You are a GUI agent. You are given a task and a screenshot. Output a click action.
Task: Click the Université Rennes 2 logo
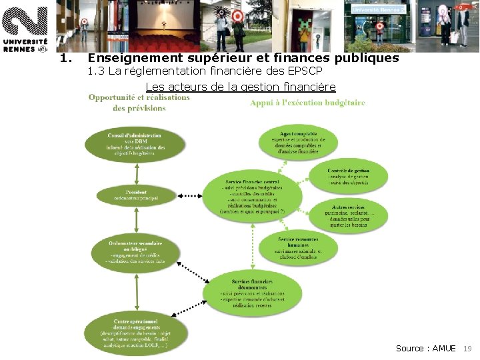coord(25,27)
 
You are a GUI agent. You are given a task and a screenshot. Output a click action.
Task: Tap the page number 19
coord(467,349)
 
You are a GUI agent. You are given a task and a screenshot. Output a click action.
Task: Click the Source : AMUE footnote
coord(425,349)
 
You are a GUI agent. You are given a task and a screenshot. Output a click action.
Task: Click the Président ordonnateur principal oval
coord(136,195)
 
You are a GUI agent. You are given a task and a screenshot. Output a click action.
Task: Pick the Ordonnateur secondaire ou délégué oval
coord(136,252)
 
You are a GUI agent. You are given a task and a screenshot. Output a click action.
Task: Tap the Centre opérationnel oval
coord(135,333)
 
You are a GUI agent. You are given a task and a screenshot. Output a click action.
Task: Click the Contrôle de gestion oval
coord(348,176)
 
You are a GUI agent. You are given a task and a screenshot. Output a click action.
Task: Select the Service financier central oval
coord(253,196)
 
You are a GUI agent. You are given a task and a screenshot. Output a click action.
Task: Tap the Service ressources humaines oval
coord(298,247)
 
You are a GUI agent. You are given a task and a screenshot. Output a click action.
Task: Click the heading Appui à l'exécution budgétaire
coord(307,103)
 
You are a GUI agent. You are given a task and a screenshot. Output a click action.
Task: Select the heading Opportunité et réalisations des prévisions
coord(139,102)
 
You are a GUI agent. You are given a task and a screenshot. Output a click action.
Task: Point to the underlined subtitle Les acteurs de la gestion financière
coord(240,87)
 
